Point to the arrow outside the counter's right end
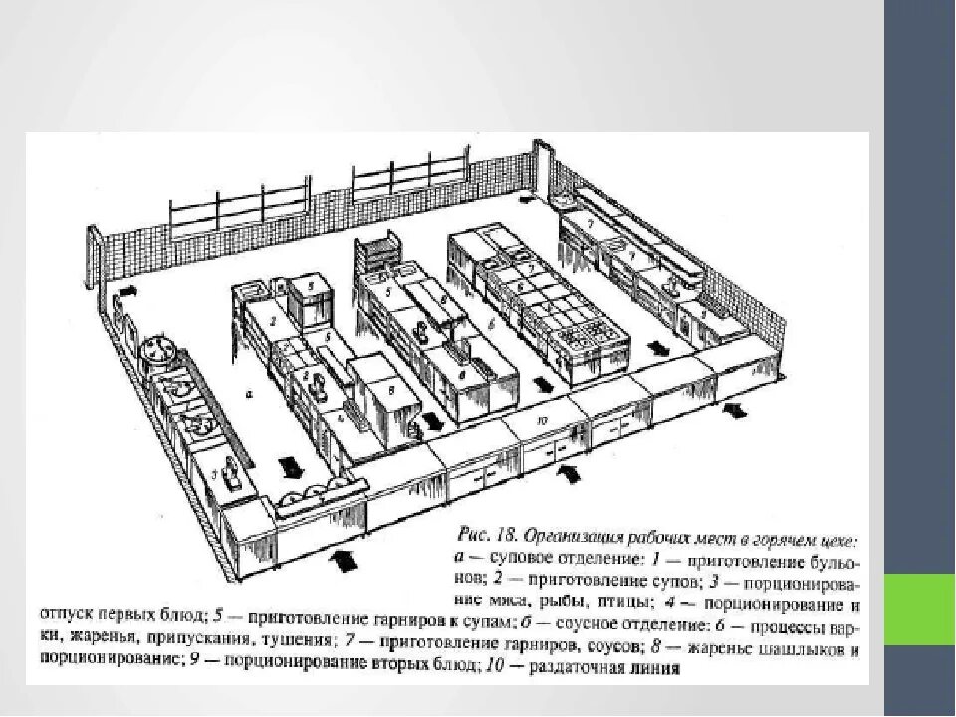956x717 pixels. (737, 409)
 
